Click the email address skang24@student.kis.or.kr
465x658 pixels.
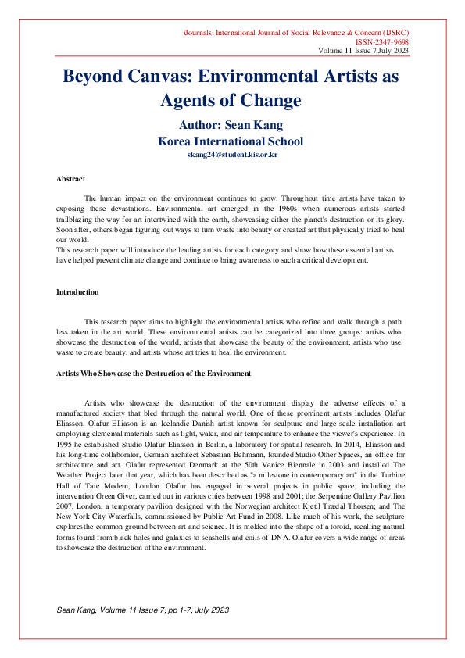232,155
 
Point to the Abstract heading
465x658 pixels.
71,179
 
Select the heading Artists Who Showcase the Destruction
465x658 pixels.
153,374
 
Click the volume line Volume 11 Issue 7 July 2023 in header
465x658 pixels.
363,51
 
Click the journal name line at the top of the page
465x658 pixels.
296,32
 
